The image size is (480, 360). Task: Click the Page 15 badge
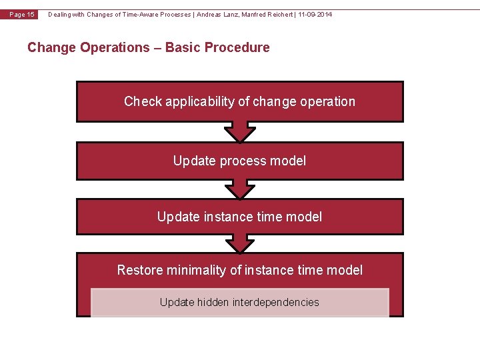tap(22, 15)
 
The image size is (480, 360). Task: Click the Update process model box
tap(240, 161)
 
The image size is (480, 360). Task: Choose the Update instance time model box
tap(240, 217)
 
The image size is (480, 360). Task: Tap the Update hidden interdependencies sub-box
tap(240, 303)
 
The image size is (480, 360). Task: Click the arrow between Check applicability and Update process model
tap(240, 131)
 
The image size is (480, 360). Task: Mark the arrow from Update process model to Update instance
tap(240, 189)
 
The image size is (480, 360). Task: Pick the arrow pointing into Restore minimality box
tap(240, 243)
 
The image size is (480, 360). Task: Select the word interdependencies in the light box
tap(276, 303)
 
